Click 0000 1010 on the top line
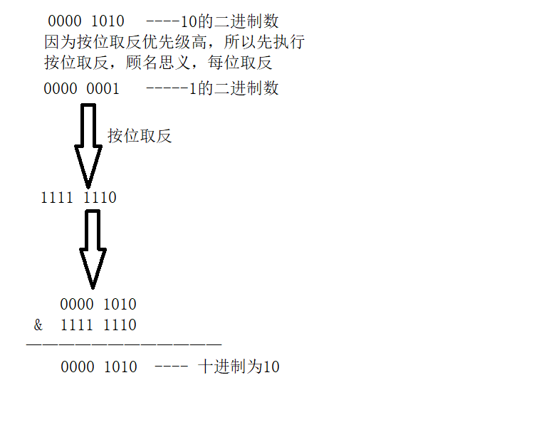(86, 22)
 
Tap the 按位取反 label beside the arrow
(140, 136)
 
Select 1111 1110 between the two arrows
(78, 198)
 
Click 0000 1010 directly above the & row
(98, 305)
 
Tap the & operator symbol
(38, 325)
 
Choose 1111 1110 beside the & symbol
(98, 325)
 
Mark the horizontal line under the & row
(124, 345)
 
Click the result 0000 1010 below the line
(99, 367)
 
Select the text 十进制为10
(239, 367)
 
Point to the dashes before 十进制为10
(170, 367)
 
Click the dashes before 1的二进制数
(167, 89)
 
